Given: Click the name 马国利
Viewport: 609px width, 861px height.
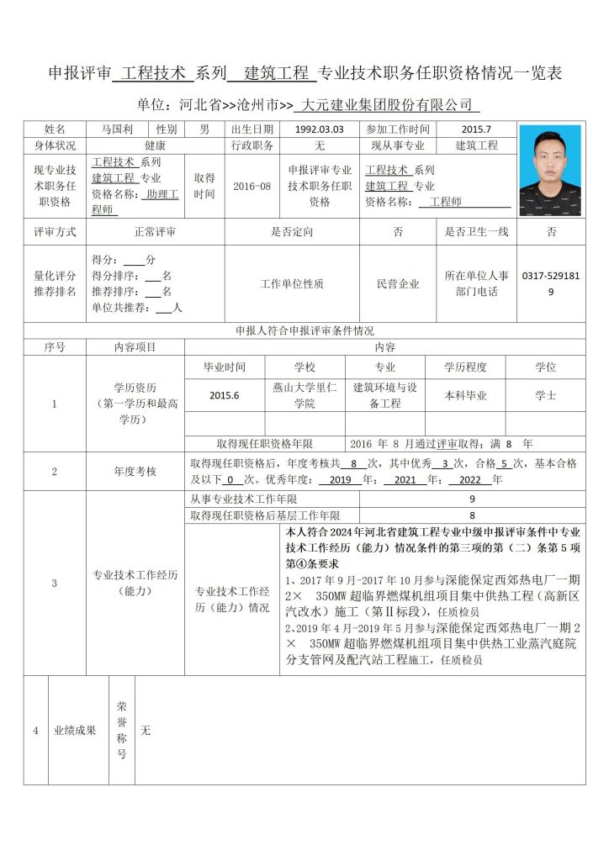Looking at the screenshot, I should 117,129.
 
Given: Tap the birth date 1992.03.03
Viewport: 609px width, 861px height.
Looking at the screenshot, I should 320,129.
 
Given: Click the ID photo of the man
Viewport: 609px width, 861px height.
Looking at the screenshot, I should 549,170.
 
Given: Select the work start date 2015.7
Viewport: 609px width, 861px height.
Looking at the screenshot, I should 476,129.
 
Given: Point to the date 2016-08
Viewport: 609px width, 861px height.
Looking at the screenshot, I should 252,186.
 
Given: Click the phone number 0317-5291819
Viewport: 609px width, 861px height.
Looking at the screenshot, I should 550,283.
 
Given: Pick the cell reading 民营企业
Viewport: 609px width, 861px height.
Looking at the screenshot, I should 398,284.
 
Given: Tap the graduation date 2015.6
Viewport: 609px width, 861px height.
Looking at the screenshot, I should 225,395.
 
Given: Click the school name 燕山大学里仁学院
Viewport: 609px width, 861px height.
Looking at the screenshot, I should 304,395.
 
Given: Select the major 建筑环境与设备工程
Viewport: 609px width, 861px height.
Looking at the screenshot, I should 384,395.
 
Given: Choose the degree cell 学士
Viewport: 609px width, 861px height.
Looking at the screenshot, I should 545,395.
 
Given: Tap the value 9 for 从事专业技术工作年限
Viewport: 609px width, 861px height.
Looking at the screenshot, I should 472,499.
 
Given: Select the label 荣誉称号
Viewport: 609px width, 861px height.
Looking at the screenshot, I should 121,730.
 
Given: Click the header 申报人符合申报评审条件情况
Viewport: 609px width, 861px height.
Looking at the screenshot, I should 304,330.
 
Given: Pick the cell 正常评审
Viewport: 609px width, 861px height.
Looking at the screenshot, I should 155,231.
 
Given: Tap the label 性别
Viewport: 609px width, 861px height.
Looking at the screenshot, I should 166,129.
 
